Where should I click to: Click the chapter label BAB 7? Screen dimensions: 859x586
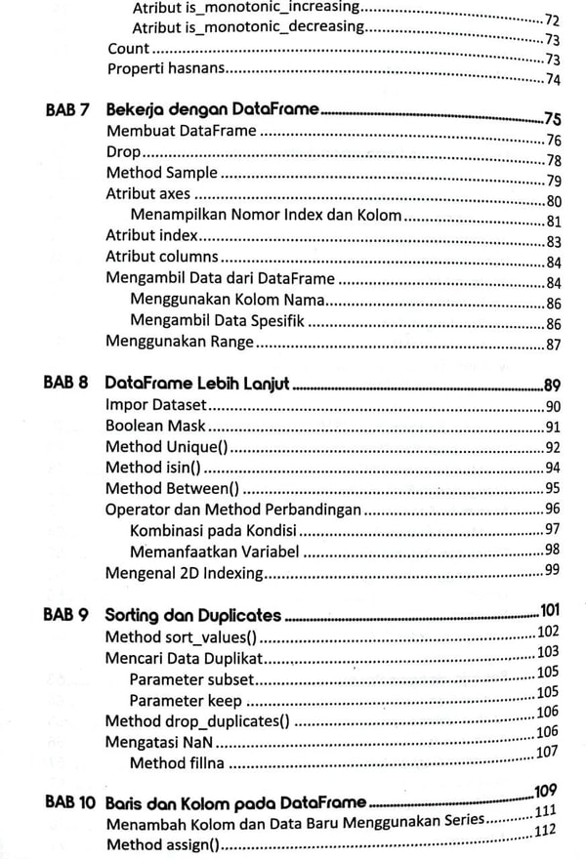[67, 110]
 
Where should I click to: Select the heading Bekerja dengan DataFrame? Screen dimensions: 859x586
[212, 110]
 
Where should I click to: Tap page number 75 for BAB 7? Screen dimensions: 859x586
[552, 119]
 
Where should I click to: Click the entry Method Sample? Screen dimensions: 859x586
[162, 173]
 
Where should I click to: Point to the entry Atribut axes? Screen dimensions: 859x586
[148, 193]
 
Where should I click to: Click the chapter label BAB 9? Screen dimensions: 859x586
[67, 616]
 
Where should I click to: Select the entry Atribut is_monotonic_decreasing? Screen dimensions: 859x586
[248, 26]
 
